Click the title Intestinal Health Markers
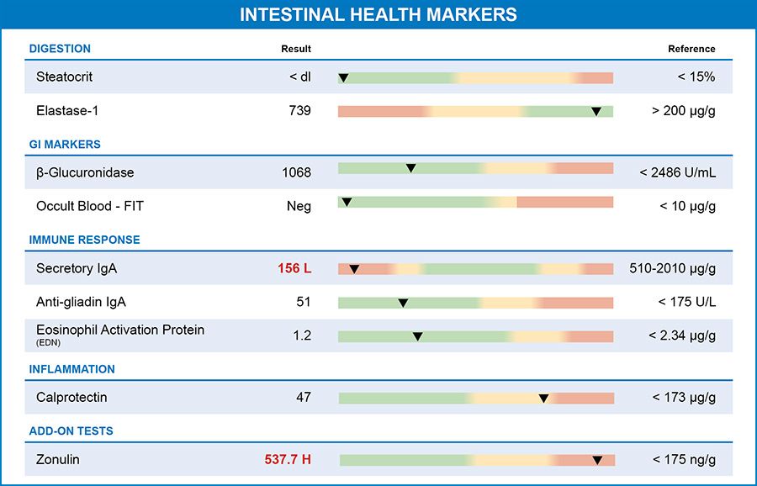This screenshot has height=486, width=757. point(378,15)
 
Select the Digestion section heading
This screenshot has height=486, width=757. point(60,49)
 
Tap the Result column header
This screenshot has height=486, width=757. point(296,49)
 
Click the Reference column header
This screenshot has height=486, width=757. point(691,49)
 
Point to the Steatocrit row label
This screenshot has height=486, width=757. point(64,77)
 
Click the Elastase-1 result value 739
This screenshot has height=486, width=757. point(299,110)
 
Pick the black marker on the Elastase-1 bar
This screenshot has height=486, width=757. point(596,111)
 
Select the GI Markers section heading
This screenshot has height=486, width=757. point(65,145)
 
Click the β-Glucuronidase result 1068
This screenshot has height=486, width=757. point(296,172)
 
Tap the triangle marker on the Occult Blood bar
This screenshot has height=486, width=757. point(347,202)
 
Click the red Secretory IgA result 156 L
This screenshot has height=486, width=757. point(294,268)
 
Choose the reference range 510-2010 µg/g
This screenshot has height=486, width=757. point(672,268)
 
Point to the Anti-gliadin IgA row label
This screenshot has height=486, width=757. point(81,302)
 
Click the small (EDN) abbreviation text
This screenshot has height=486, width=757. point(48,342)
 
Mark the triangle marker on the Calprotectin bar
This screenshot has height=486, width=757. point(543,398)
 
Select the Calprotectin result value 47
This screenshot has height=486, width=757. point(304,397)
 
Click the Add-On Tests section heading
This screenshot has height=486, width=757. point(71,431)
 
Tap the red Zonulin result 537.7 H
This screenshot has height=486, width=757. point(288,459)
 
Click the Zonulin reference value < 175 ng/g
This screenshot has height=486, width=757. point(684,459)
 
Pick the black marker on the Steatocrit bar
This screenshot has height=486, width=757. point(343,78)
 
